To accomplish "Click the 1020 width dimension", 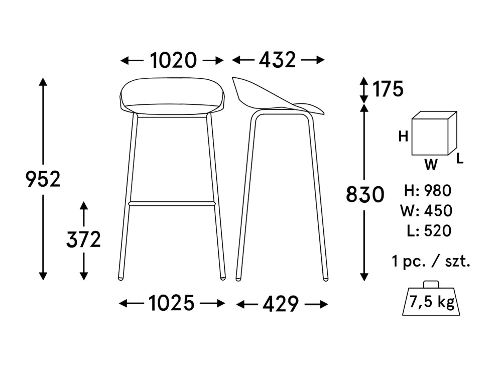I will pos(173,60).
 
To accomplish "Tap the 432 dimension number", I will pos(278,60).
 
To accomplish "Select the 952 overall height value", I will pos(43,179).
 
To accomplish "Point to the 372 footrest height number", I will pos(84,240).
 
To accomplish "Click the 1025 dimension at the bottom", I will pos(171,303).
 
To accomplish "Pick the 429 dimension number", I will pos(282,304).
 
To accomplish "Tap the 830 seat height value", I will pos(365,194).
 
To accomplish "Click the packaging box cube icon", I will pos(433,134).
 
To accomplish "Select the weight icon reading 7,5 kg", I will pos(432,300).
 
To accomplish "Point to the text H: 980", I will pos(428,191).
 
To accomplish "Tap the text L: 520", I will pos(430,231).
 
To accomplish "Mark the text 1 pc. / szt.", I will pos(431,261).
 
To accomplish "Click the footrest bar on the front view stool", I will pos(172,204).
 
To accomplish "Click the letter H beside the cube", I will pos(403,136).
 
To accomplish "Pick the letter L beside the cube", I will pos(460,160).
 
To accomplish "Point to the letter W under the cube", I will pos(430,164).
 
